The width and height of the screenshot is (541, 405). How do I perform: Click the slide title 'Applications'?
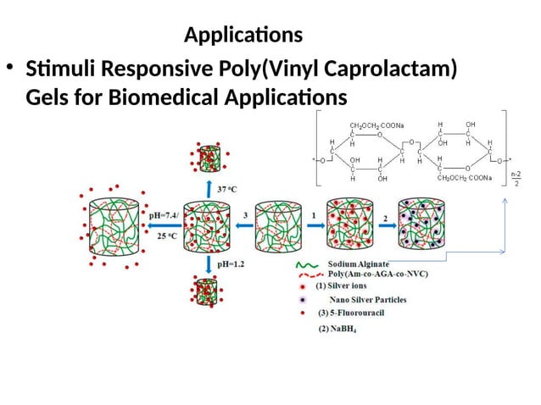coord(243,36)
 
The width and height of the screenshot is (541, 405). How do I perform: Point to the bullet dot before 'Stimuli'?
coord(11,69)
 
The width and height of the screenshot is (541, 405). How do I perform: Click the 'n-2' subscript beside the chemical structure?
coord(515,174)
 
